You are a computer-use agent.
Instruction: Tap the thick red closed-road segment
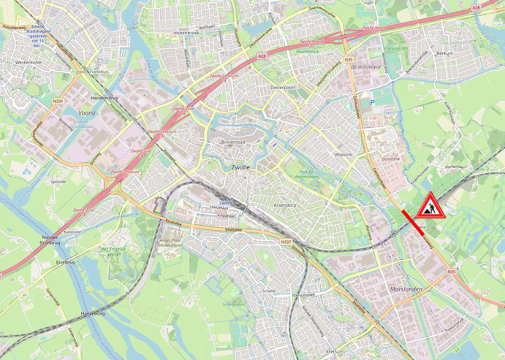(x=416, y=222)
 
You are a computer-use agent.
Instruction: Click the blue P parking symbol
(x=373, y=102)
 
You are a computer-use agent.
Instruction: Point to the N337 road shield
(x=286, y=242)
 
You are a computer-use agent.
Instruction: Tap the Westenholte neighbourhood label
(x=29, y=63)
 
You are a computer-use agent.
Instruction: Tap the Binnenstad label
(x=235, y=142)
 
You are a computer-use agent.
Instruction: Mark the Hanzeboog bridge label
(x=93, y=313)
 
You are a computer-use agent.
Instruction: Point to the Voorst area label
(x=88, y=113)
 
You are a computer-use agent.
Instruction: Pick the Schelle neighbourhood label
(x=269, y=290)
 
